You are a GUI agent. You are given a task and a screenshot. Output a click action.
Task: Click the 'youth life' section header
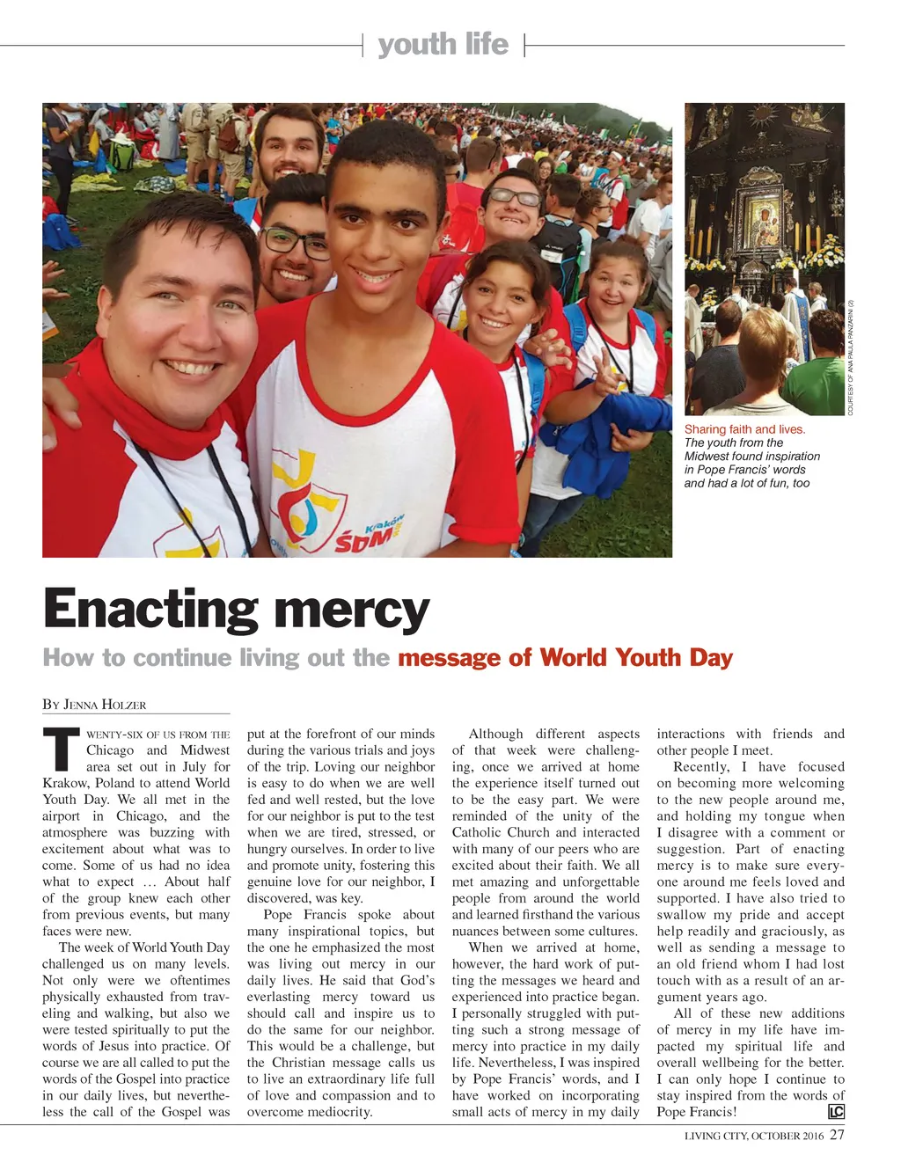coord(443,44)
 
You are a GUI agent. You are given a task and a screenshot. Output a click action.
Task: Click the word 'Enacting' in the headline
coord(150,609)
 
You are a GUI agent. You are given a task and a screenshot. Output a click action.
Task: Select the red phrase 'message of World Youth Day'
coord(565,658)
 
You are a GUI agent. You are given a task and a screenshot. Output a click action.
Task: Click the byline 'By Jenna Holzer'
coord(94,705)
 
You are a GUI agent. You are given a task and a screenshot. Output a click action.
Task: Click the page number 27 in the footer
coord(837,1135)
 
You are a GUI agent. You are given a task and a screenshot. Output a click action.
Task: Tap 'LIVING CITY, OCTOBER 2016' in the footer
coord(754,1136)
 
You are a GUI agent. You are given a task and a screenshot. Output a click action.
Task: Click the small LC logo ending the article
coord(836,1112)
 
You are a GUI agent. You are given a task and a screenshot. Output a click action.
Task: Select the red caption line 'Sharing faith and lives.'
coord(744,429)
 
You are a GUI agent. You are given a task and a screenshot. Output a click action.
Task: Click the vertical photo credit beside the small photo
coord(851,358)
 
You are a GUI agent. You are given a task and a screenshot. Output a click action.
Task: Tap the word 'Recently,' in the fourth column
coord(703,766)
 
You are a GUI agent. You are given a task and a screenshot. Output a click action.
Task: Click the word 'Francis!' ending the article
coord(712,1112)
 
